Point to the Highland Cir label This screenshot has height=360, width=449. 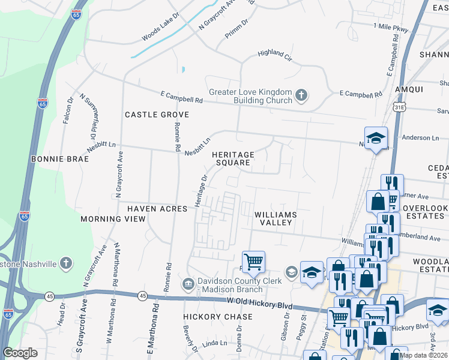tap(274, 53)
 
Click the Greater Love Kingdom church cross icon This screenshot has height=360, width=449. tap(301, 95)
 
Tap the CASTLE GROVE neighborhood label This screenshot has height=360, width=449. tap(157, 115)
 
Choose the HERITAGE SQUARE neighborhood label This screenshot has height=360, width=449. tap(234, 159)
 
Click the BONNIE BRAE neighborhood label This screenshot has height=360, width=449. tap(60, 159)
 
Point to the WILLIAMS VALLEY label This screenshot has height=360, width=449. tap(276, 218)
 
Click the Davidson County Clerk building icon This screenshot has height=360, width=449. tap(188, 283)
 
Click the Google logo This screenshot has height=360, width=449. tap(20, 352)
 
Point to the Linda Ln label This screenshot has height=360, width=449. tap(215, 343)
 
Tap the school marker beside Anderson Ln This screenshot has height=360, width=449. tap(376, 139)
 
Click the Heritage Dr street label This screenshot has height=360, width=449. tap(200, 191)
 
